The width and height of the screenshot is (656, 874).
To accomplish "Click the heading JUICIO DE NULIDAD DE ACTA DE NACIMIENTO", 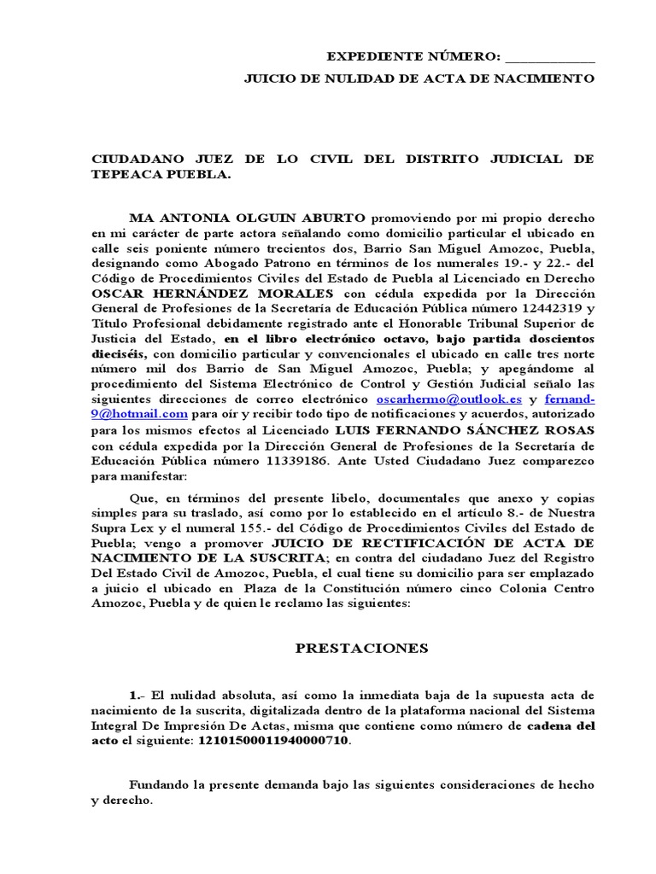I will point(419,79).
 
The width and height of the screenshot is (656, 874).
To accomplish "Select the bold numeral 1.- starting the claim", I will point(134,695).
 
